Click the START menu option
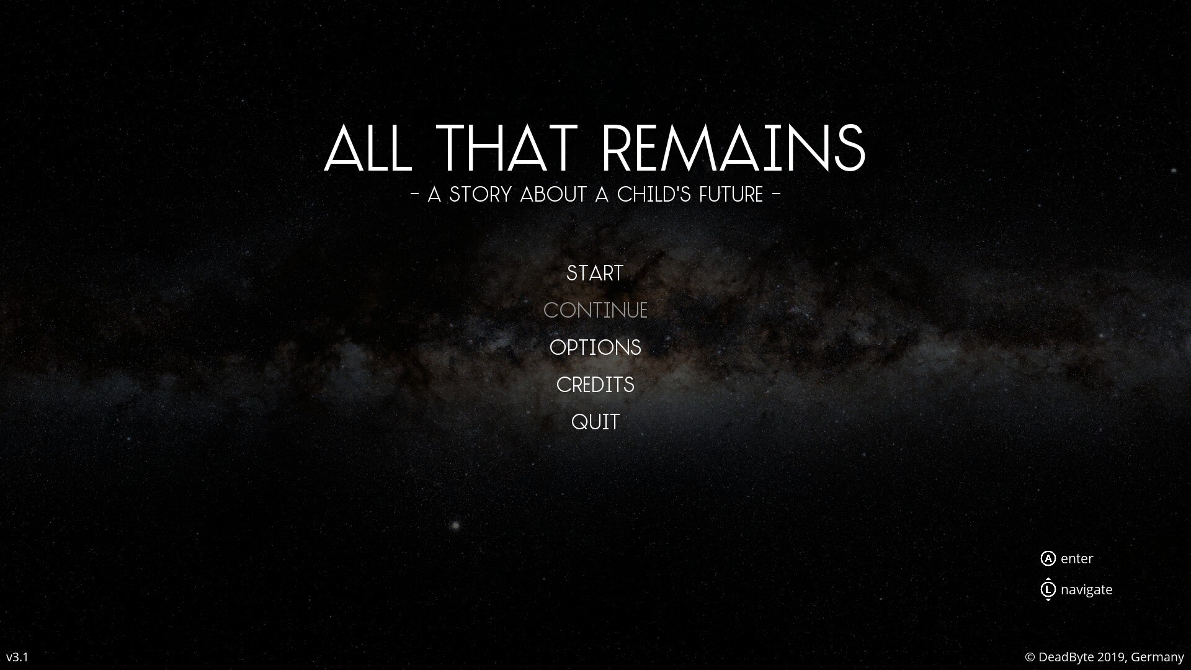click(595, 273)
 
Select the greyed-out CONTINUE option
click(595, 310)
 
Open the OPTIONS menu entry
click(595, 347)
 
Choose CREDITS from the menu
click(595, 385)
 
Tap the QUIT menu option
click(595, 422)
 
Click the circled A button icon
click(1048, 558)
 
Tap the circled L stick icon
click(1048, 589)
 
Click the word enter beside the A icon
click(1077, 558)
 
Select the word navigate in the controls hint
click(1087, 590)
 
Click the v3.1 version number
click(17, 657)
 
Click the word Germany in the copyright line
click(1158, 657)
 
